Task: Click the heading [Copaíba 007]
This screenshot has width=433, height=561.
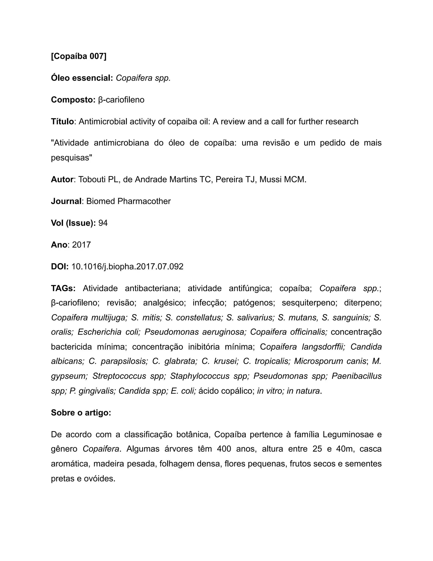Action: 78,56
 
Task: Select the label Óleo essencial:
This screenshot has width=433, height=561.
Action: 82,78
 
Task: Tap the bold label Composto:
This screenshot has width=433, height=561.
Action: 73,100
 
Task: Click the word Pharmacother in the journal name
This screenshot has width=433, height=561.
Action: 144,201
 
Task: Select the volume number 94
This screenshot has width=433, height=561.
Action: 103,223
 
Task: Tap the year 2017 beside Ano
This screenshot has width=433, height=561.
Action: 81,245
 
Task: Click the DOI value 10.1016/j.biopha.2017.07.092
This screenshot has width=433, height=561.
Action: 127,267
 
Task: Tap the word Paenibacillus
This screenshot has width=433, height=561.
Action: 356,376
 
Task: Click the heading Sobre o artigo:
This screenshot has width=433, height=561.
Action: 81,413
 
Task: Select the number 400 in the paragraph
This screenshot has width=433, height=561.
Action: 224,449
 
